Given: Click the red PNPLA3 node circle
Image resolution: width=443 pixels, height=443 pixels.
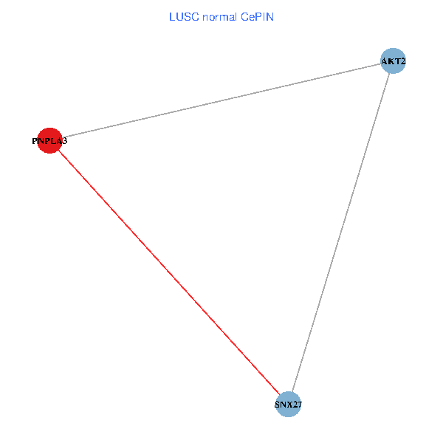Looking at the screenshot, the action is point(49,140).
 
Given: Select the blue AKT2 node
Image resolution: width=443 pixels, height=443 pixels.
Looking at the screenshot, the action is point(393,61).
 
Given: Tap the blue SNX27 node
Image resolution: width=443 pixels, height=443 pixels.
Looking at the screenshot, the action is point(288,405).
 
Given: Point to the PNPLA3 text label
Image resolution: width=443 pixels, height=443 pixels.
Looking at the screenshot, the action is point(49,140).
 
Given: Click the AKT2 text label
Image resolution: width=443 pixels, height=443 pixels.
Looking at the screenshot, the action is point(393,61).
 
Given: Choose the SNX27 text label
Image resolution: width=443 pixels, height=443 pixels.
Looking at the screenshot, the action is point(288,405).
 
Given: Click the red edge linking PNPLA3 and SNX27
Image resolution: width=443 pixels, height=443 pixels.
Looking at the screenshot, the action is point(168,272).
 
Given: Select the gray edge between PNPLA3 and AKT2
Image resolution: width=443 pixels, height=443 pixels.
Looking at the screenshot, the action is point(221,100).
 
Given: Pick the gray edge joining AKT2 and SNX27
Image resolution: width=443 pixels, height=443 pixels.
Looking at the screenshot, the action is point(340,233).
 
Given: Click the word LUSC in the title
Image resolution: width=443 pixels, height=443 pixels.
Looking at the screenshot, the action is point(181,16).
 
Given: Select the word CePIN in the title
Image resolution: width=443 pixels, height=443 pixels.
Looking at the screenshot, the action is point(257,16).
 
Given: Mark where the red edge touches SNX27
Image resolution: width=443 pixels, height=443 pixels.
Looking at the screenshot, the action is point(280,395).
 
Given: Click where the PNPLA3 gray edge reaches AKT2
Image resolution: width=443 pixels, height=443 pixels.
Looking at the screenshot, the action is point(380,63).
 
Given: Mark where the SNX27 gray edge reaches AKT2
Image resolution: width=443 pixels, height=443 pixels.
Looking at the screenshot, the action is point(389,73).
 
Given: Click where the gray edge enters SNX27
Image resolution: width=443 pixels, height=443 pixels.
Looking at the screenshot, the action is point(292,392).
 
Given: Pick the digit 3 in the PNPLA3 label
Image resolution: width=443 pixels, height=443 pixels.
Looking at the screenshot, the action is point(65,140).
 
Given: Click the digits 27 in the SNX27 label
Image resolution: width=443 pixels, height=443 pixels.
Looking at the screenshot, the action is point(297,405).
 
